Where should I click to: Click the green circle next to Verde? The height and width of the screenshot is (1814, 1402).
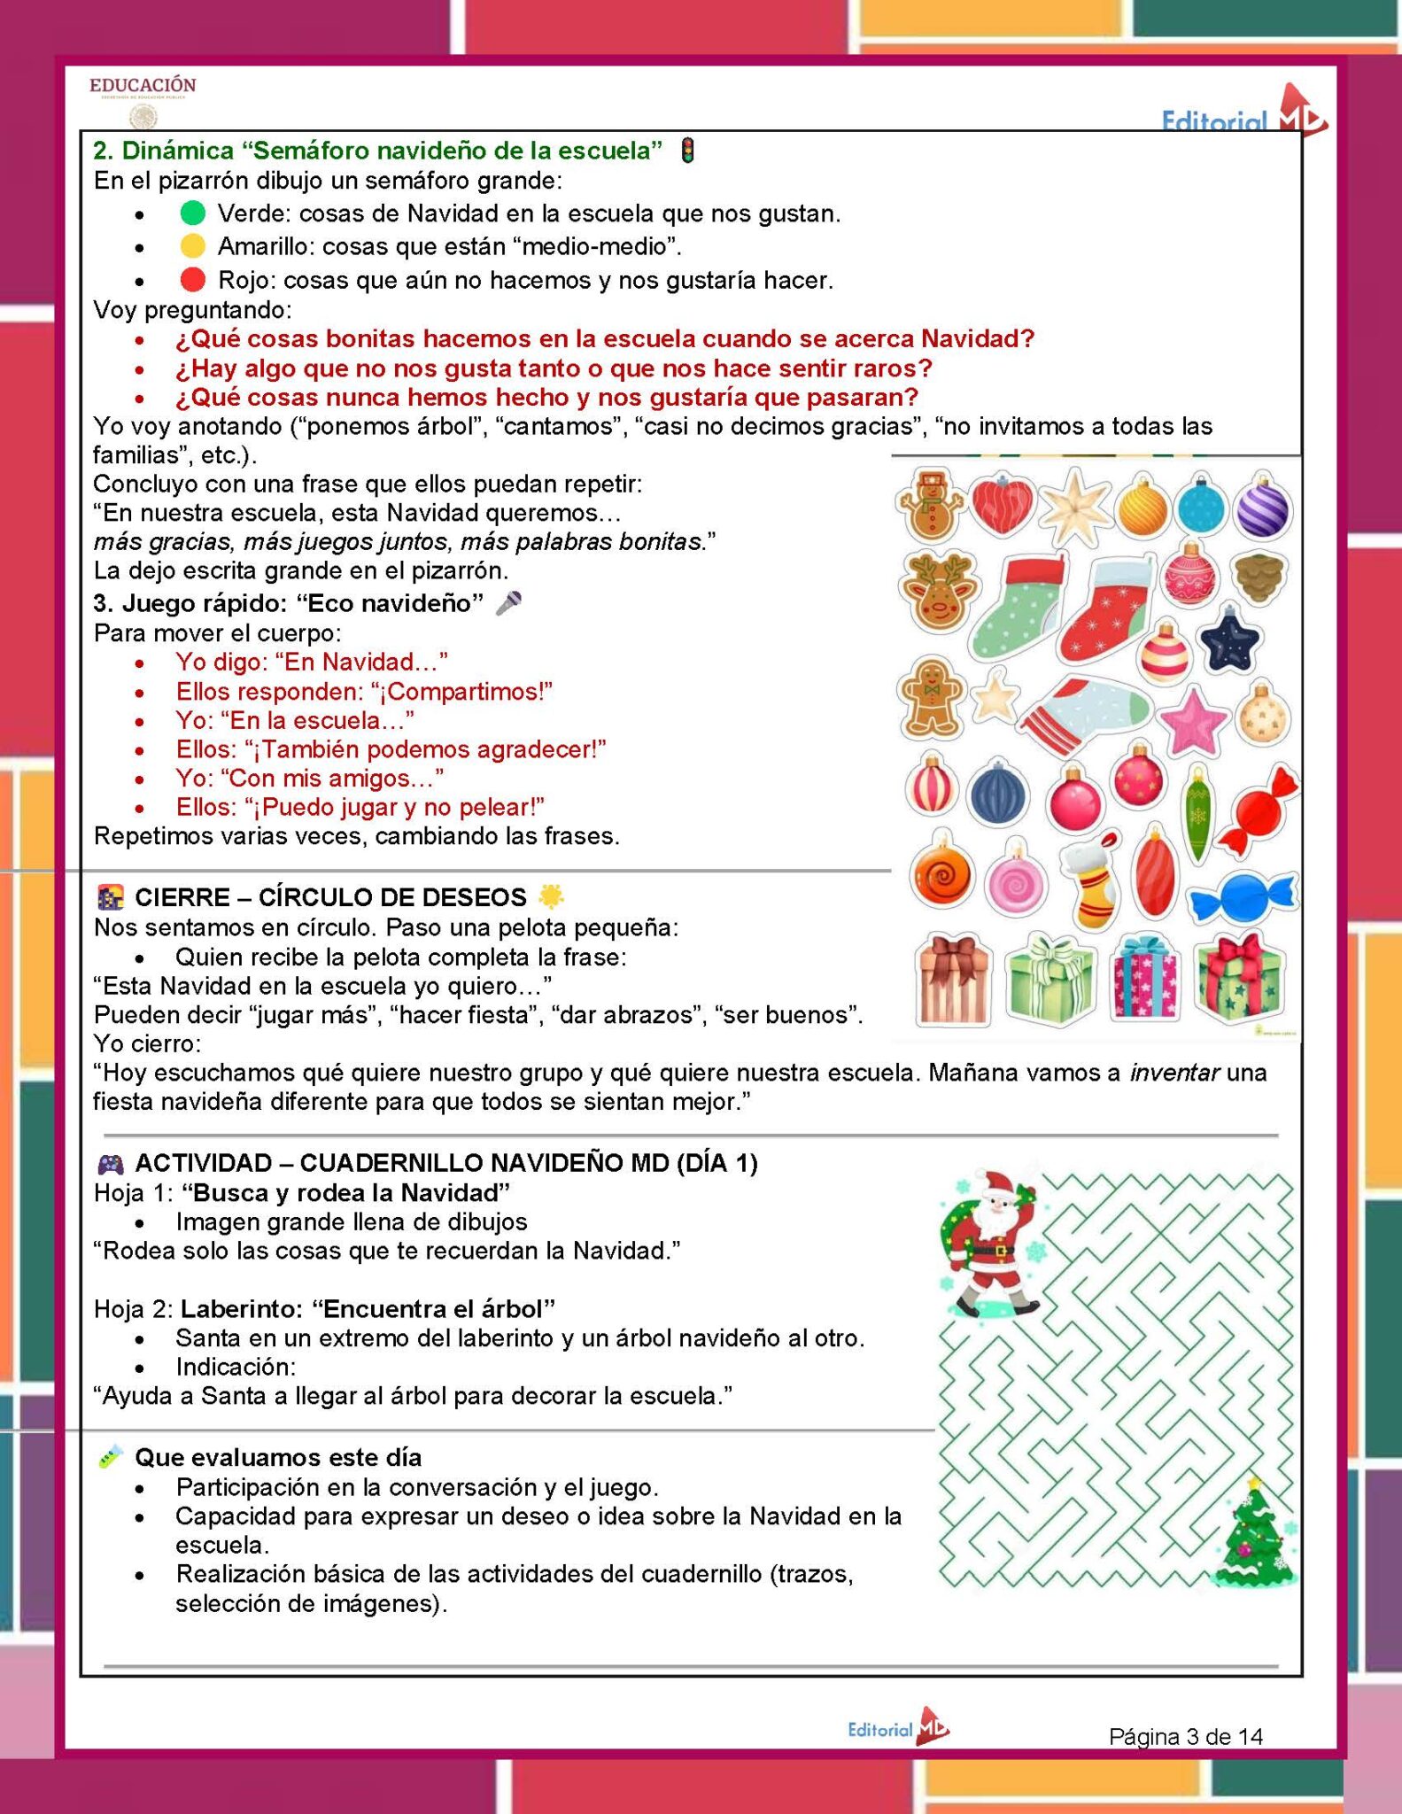click(x=192, y=213)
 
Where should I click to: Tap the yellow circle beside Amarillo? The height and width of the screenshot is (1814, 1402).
click(x=192, y=246)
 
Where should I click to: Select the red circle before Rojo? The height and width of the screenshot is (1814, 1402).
click(x=192, y=280)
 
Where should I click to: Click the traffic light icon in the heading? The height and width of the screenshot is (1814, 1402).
click(x=687, y=151)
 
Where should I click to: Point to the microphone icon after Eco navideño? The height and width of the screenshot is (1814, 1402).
click(x=508, y=603)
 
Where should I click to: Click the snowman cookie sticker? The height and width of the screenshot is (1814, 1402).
click(x=931, y=504)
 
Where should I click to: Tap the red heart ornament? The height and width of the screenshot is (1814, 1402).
click(x=1002, y=505)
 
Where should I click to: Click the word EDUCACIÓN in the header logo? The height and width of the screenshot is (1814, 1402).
click(x=143, y=85)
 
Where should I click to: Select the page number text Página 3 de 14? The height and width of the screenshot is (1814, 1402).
click(x=1185, y=1736)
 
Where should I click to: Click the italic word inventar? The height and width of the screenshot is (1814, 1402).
click(x=1174, y=1073)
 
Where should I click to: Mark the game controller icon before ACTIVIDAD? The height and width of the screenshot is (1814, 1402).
click(x=111, y=1164)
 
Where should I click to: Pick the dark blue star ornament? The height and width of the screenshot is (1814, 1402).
click(x=1229, y=642)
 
